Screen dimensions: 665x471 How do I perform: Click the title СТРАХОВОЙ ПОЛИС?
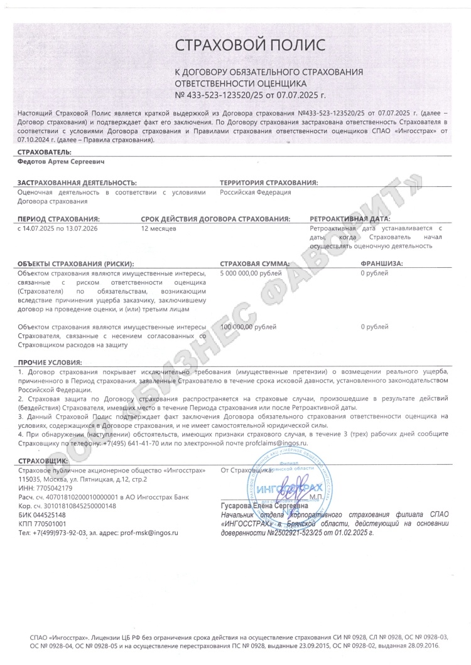pos(250,45)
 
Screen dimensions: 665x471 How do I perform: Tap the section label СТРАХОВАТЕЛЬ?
pos(45,152)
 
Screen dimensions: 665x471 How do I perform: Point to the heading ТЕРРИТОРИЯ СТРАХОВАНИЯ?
pos(268,183)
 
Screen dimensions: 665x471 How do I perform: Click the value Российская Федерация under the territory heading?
pos(255,193)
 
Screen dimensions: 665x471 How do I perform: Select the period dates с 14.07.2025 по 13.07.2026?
pos(58,229)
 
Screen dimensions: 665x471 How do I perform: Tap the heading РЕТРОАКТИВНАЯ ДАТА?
pos(350,220)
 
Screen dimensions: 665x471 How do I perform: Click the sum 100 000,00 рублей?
pos(248,327)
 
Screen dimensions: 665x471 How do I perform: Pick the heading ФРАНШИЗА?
pos(381,264)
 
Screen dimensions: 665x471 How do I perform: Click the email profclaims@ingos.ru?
pos(276,425)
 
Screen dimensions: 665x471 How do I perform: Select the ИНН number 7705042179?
pos(54,471)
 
